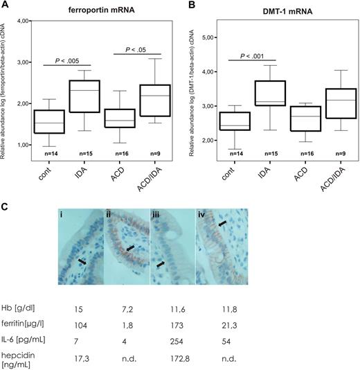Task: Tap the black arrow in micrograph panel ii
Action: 130,247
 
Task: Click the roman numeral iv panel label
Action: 201,215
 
